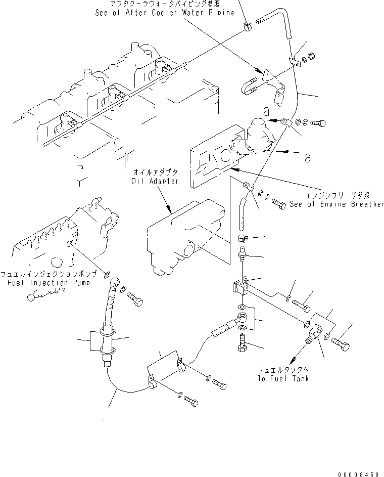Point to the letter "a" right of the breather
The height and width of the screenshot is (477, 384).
coord(307,158)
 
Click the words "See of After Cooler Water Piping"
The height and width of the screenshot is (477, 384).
coord(164,12)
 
